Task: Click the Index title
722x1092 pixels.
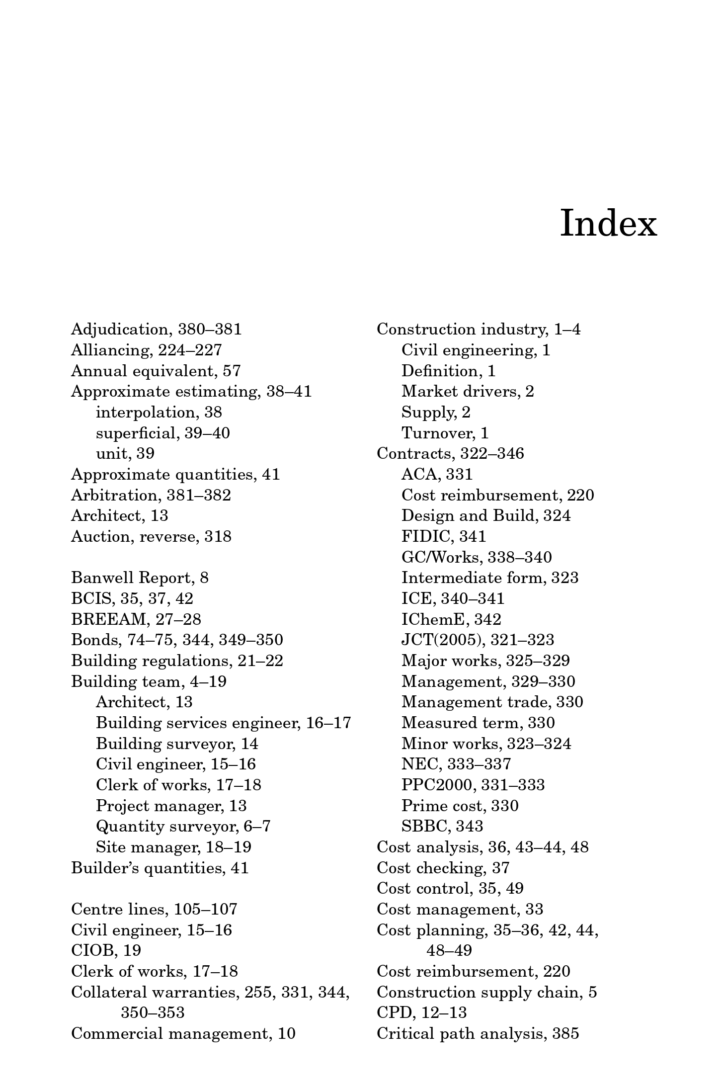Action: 608,224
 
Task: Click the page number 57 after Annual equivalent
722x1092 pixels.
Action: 232,371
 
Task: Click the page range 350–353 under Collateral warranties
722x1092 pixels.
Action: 153,1012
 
